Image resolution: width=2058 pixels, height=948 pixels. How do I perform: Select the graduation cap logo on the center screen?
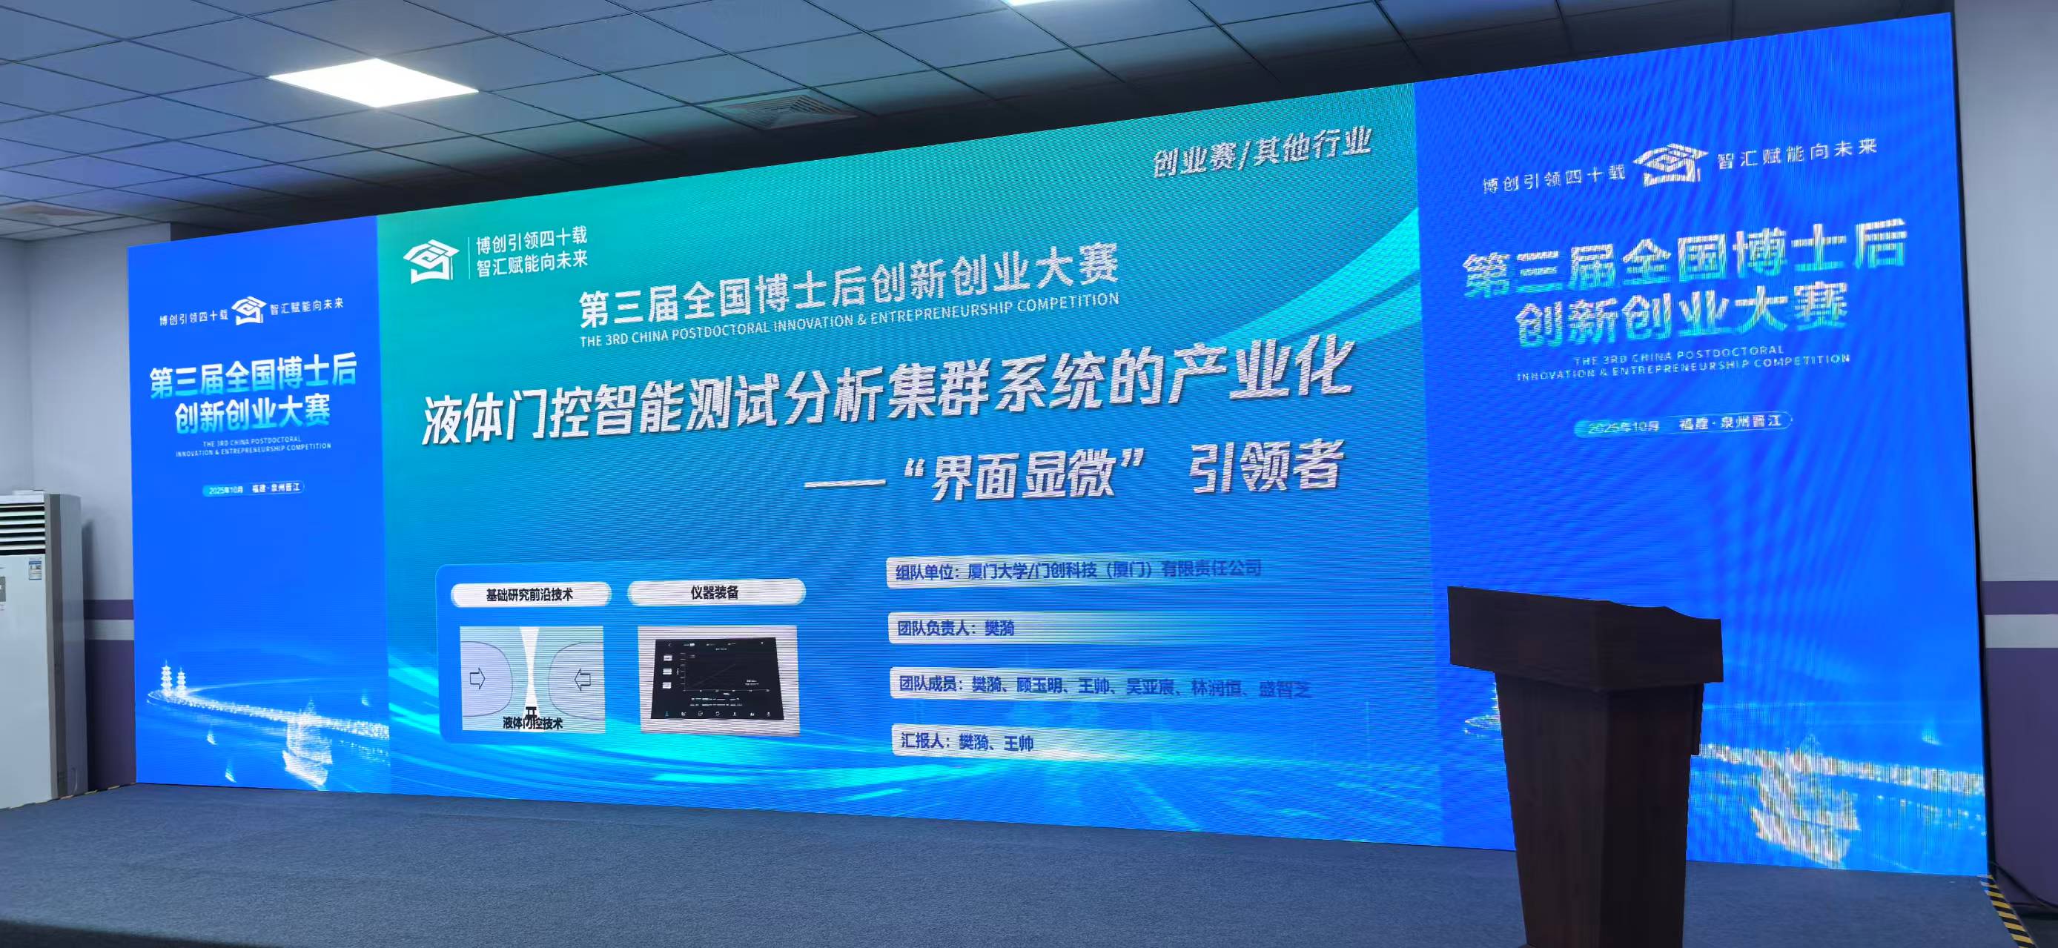pyautogui.click(x=431, y=260)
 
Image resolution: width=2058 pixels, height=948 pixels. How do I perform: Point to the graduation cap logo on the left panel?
pyautogui.click(x=248, y=310)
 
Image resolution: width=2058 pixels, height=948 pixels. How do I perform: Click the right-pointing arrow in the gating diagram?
pyautogui.click(x=477, y=680)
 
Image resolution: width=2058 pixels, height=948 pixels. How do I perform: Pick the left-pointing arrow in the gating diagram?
pyautogui.click(x=583, y=680)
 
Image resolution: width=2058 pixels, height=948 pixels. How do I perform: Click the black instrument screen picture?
pyautogui.click(x=717, y=680)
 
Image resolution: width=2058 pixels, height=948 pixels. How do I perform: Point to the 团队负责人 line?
pyautogui.click(x=956, y=629)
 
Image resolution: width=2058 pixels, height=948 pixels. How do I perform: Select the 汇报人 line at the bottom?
pyautogui.click(x=967, y=742)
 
